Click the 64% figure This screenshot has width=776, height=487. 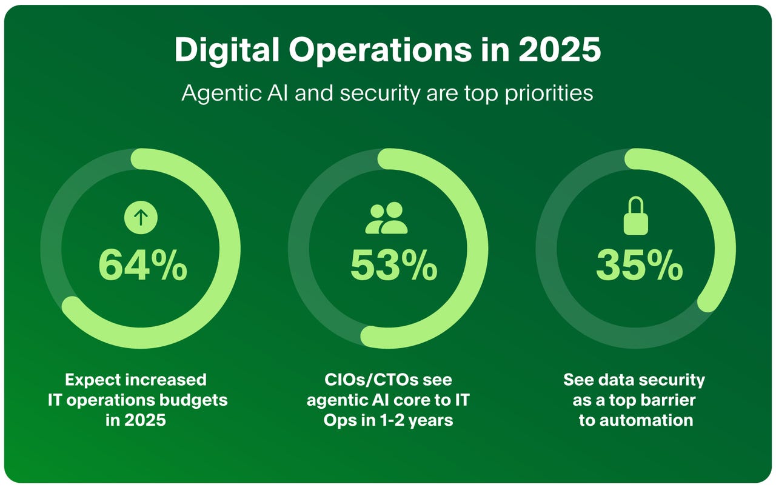(142, 265)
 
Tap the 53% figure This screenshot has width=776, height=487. (393, 265)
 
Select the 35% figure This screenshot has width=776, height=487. (639, 265)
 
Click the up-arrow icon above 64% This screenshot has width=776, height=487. (141, 217)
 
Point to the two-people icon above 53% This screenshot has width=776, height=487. (386, 218)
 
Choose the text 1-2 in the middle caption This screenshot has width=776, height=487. (385, 420)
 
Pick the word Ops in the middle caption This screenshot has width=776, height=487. (337, 420)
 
